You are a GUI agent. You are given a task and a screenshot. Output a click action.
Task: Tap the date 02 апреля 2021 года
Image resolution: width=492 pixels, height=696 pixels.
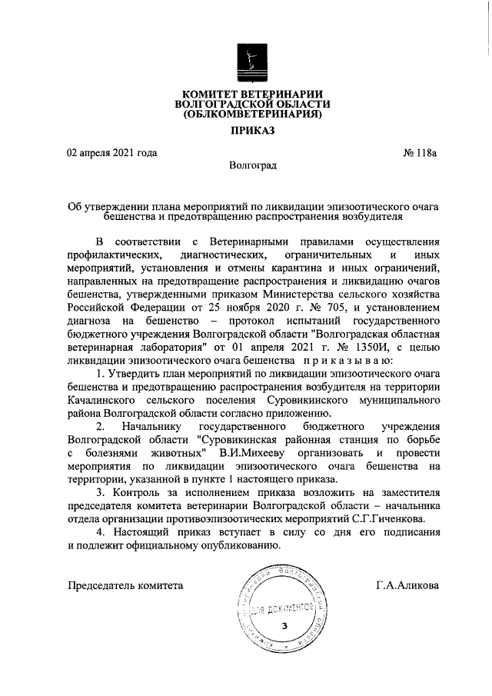111,152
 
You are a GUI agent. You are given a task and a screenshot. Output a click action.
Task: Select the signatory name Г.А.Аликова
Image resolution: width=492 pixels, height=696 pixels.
407,586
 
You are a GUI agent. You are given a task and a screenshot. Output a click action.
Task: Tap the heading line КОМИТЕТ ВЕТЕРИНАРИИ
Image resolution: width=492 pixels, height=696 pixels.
252,94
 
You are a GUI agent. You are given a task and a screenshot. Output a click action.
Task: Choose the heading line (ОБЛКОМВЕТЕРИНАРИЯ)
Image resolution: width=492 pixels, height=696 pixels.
252,115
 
